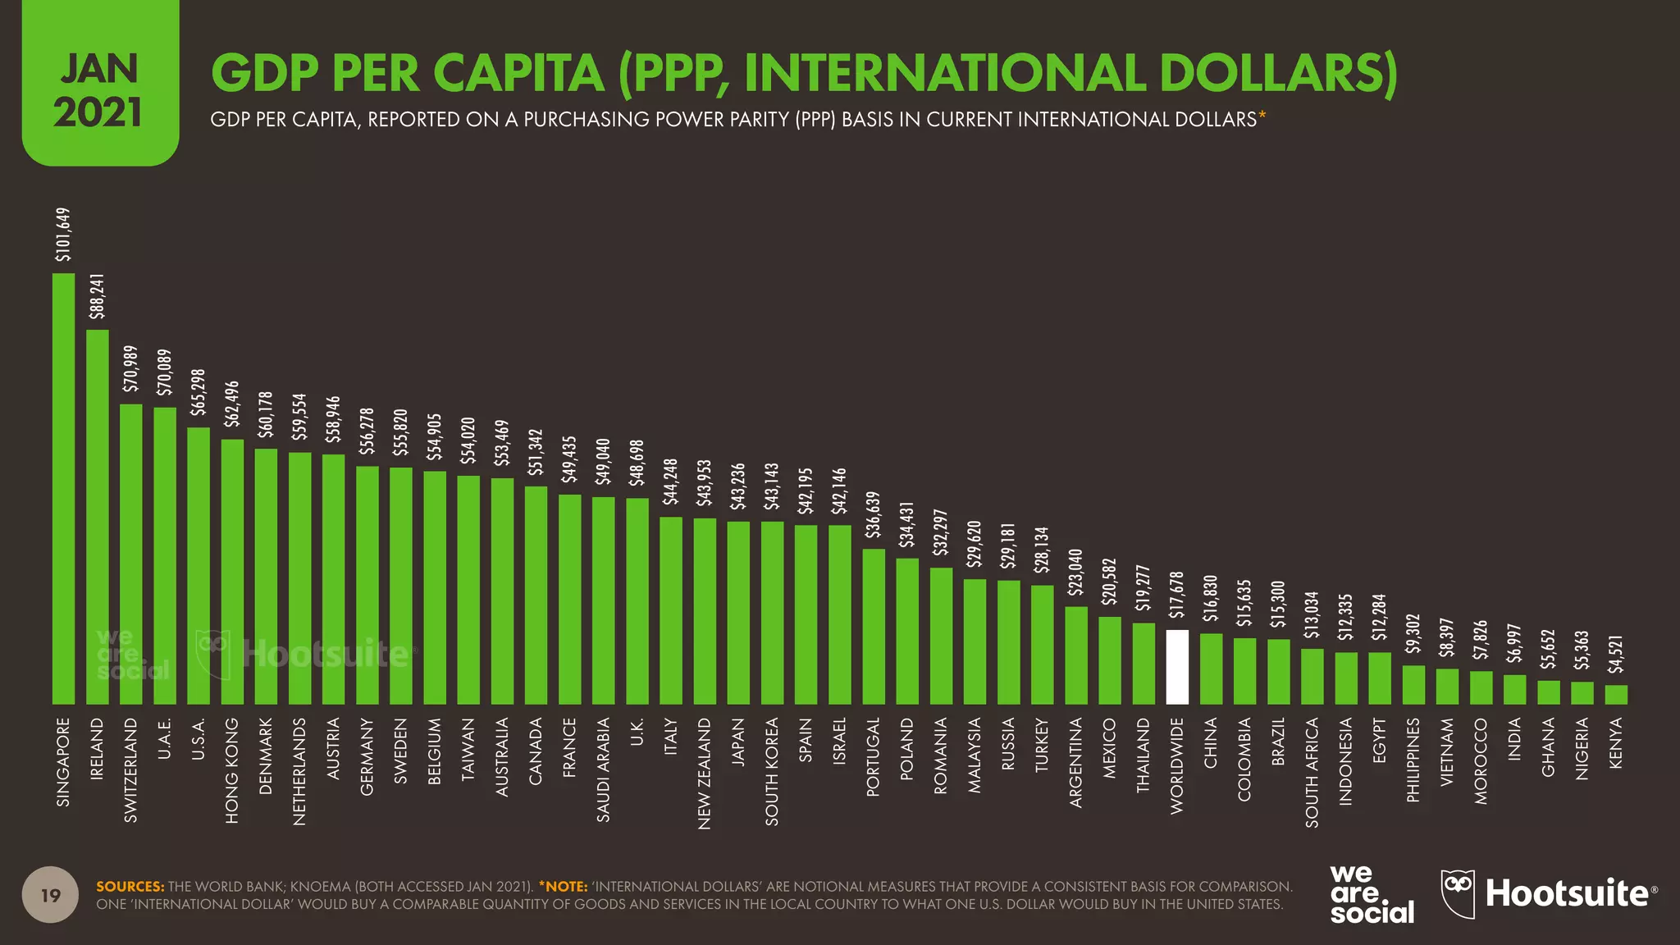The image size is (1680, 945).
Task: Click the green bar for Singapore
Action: (x=63, y=488)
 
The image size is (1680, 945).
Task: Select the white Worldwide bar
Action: (x=1177, y=667)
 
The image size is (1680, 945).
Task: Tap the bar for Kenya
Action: (x=1616, y=695)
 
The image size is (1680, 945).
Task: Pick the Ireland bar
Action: (x=97, y=517)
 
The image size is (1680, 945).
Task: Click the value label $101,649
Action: (x=63, y=235)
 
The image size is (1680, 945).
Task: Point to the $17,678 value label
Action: (x=1177, y=595)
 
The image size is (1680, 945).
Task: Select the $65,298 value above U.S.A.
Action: (x=199, y=392)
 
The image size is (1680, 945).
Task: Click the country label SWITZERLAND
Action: (x=131, y=770)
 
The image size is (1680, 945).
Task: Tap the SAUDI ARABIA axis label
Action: (x=604, y=770)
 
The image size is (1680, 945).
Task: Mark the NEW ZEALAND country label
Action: (x=705, y=774)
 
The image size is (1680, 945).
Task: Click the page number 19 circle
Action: (x=51, y=895)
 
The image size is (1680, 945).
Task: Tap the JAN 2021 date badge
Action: (x=99, y=91)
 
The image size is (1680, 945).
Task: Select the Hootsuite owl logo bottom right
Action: (x=1458, y=892)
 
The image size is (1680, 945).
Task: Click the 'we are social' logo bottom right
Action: (x=1372, y=895)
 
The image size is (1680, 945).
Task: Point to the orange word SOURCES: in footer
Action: (x=130, y=887)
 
